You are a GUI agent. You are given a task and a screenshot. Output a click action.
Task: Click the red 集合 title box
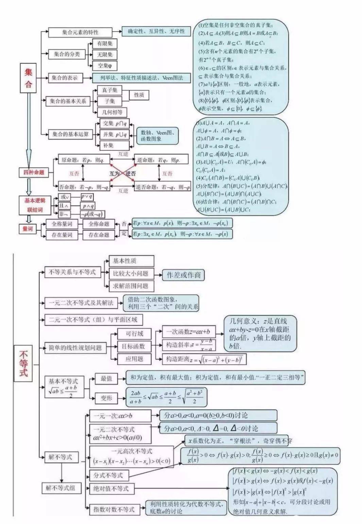(x=29, y=77)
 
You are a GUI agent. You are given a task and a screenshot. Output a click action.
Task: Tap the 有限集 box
(x=105, y=43)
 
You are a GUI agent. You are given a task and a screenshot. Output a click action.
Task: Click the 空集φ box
(x=105, y=65)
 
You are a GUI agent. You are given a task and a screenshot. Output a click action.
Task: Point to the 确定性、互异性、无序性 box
(x=156, y=32)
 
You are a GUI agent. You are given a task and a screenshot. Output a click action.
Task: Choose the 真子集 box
(x=109, y=90)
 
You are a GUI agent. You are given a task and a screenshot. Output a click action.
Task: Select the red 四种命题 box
(x=34, y=173)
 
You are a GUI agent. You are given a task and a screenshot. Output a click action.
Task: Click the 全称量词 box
(x=62, y=224)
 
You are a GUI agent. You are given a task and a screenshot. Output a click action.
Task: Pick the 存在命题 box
(x=99, y=235)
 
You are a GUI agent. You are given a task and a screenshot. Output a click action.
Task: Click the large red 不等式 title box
(x=23, y=363)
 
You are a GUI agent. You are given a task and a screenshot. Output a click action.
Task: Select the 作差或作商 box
(x=183, y=275)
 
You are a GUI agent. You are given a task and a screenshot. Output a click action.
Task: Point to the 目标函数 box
(x=133, y=346)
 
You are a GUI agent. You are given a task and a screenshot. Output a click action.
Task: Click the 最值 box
(x=106, y=379)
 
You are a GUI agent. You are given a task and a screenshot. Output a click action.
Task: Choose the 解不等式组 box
(x=61, y=488)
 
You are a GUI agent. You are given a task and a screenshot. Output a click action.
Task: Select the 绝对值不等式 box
(x=111, y=489)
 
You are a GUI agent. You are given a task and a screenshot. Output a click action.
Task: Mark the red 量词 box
(x=28, y=229)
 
